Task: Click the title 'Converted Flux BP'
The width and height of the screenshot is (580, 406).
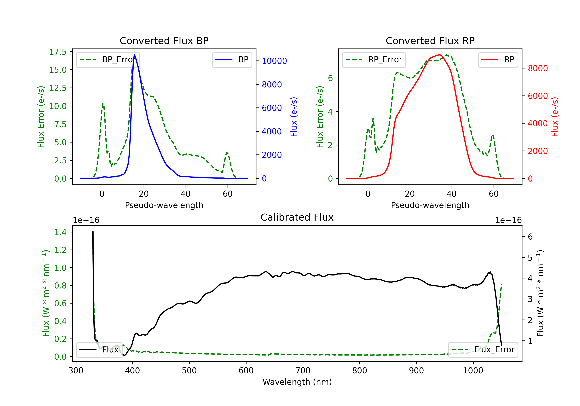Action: click(164, 41)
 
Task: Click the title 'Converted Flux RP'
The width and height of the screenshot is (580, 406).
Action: click(430, 41)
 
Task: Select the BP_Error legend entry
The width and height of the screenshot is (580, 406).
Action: click(108, 60)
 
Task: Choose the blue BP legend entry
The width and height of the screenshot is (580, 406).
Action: click(232, 60)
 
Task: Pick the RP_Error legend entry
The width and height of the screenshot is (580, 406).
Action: click(374, 60)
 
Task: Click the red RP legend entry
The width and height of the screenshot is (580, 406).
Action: click(498, 60)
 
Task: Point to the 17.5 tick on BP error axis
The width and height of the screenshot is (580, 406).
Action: click(58, 52)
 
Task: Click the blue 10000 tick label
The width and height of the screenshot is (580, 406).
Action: click(274, 61)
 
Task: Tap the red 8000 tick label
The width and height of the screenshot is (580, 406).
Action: click(538, 68)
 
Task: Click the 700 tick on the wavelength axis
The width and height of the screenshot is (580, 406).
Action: click(303, 370)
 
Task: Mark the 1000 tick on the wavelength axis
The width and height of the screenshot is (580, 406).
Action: click(473, 370)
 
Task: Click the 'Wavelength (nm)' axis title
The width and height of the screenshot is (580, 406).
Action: click(297, 382)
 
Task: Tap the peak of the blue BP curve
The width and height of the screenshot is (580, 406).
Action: click(134, 55)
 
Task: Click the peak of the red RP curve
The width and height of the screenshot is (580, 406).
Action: click(440, 55)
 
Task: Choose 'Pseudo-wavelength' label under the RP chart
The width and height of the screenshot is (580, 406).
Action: click(430, 205)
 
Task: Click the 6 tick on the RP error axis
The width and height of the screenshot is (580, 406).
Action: click(330, 78)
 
